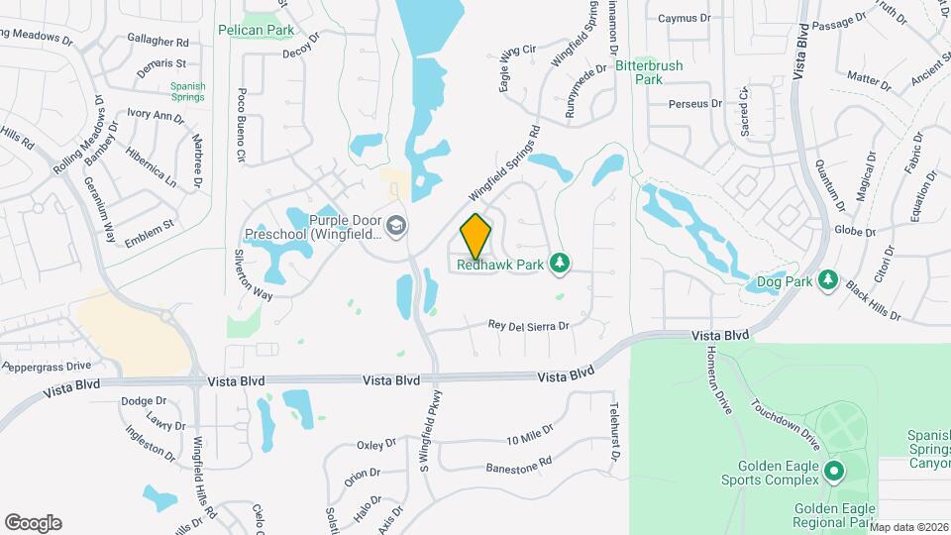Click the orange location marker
pyautogui.click(x=475, y=236)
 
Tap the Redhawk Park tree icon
pyautogui.click(x=560, y=262)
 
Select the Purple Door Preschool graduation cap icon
pyautogui.click(x=396, y=227)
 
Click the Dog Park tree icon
pyautogui.click(x=828, y=281)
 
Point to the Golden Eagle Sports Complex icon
pyautogui.click(x=833, y=471)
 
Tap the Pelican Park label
pyautogui.click(x=256, y=30)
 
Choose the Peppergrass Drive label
pyautogui.click(x=46, y=366)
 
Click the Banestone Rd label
pyautogui.click(x=518, y=467)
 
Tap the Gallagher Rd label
pyautogui.click(x=158, y=42)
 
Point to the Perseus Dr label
pyautogui.click(x=695, y=103)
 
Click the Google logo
pyautogui.click(x=33, y=522)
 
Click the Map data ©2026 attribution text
pyautogui.click(x=908, y=527)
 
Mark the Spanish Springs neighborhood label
pyautogui.click(x=187, y=92)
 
